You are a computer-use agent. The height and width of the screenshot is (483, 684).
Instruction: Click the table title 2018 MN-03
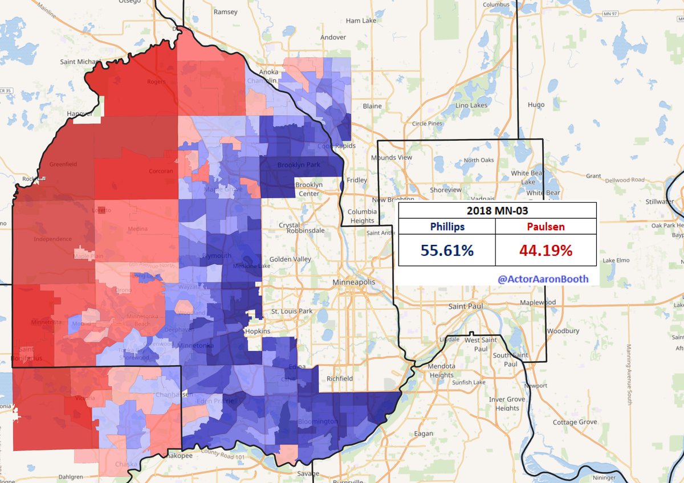point(497,210)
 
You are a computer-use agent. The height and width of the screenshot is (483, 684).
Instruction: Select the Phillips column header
point(446,227)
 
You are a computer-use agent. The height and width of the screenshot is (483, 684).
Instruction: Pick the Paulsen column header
point(545,227)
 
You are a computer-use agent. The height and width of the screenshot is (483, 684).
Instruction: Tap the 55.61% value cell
point(446,250)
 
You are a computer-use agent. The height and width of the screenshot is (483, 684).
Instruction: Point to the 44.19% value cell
point(545,250)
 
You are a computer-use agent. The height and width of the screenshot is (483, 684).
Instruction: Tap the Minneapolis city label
point(354,283)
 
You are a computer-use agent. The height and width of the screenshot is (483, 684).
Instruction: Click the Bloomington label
point(318,422)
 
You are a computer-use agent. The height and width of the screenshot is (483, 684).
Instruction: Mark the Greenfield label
point(63,164)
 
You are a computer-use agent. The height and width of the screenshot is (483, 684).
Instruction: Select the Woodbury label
point(563,330)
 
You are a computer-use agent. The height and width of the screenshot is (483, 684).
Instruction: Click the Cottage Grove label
point(575,422)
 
